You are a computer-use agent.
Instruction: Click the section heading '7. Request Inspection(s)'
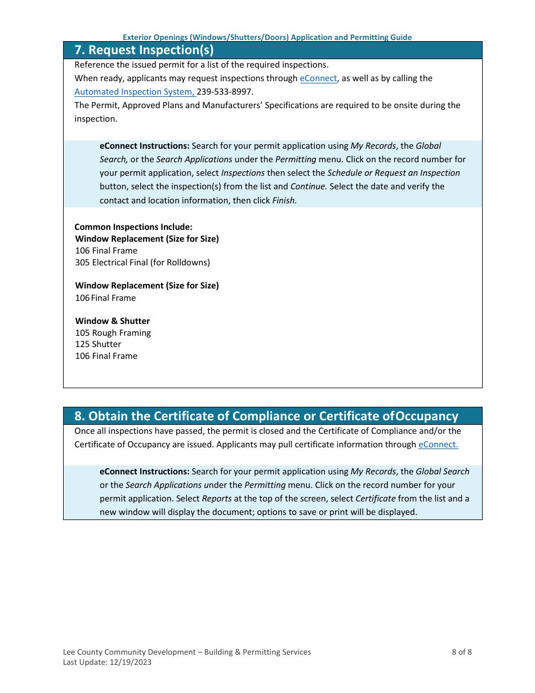pos(144,50)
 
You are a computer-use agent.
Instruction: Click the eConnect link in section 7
pos(318,78)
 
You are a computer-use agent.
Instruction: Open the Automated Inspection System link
pos(135,92)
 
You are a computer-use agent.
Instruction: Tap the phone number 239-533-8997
pos(225,92)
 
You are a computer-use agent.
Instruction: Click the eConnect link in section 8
pos(438,445)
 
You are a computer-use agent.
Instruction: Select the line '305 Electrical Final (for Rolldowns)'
pos(142,263)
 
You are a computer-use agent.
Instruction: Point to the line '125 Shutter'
pos(98,344)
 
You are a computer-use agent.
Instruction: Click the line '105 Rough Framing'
pos(113,333)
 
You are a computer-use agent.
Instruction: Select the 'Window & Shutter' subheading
pos(113,321)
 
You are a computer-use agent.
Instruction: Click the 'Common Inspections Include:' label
pos(133,227)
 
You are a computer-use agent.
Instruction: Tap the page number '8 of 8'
pos(461,652)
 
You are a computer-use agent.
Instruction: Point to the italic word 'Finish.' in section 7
pos(284,200)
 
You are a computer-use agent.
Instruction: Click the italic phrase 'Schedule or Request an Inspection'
pos(393,173)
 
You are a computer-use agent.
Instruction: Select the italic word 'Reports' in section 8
pos(217,499)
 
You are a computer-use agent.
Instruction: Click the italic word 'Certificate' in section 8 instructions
pos(375,499)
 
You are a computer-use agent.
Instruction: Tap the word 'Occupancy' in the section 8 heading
pos(426,416)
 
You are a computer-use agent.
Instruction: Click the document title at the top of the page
pos(267,37)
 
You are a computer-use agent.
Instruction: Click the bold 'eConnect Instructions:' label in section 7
pos(144,146)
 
